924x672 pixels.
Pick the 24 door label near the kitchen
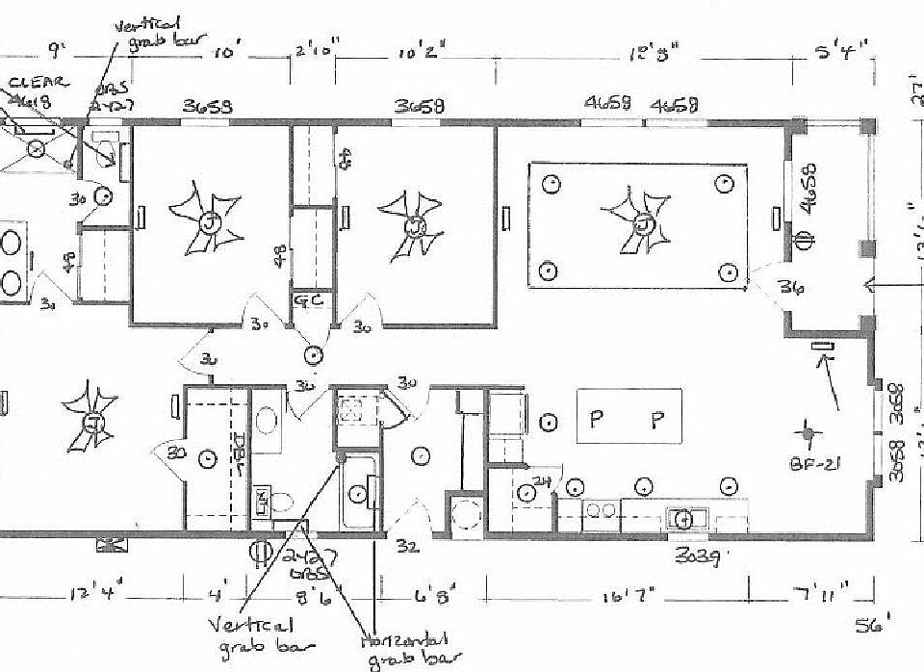click(x=540, y=482)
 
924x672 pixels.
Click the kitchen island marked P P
click(x=629, y=417)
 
